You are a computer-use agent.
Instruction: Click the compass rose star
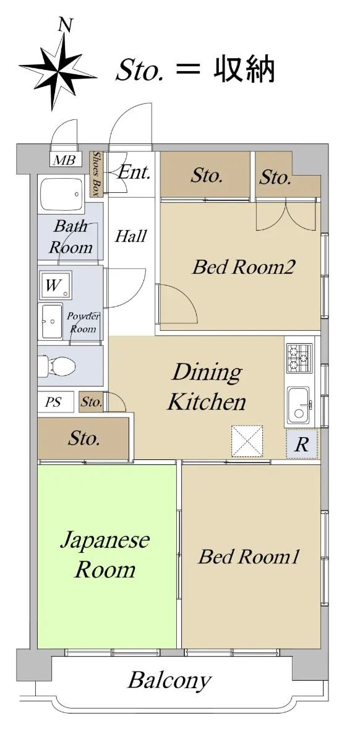(58, 70)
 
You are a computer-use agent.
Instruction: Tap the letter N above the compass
(66, 25)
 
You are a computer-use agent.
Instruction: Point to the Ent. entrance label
(134, 173)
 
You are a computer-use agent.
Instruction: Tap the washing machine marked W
(55, 284)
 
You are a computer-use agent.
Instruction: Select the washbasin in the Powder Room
(52, 322)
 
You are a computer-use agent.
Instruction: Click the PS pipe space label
(53, 402)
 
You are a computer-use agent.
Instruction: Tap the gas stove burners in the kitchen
(299, 359)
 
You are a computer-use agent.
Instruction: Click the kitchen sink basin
(299, 406)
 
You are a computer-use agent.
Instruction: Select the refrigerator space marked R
(302, 444)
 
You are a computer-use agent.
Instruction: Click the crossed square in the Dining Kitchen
(247, 441)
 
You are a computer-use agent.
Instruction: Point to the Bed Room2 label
(244, 267)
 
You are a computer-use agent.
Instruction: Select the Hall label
(131, 236)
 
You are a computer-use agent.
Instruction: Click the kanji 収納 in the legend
(244, 70)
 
